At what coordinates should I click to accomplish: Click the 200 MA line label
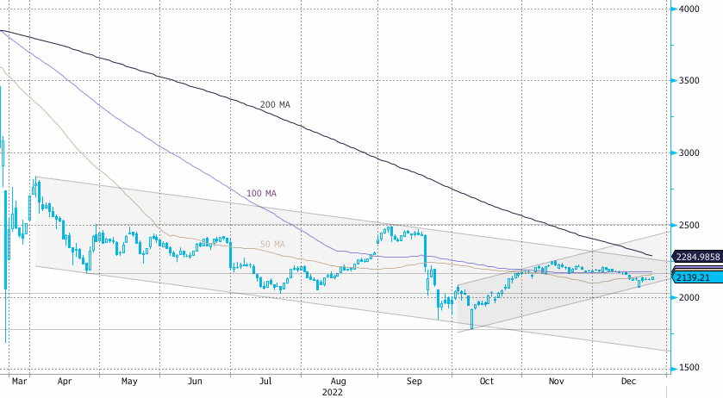pos(275,104)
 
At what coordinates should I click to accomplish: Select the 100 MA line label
pos(261,193)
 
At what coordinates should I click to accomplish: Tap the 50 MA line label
pos(272,244)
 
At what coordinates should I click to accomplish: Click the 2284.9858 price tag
pos(697,256)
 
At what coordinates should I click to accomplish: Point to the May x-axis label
pos(129,381)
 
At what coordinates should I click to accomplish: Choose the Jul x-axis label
pos(266,381)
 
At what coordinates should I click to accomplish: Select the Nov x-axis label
pos(557,381)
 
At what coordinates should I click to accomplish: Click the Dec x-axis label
pos(628,381)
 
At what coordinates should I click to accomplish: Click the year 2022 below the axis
pos(332,391)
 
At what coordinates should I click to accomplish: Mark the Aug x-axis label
pos(339,381)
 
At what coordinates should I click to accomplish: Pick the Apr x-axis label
pos(64,381)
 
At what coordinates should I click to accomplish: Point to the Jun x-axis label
pos(196,381)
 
